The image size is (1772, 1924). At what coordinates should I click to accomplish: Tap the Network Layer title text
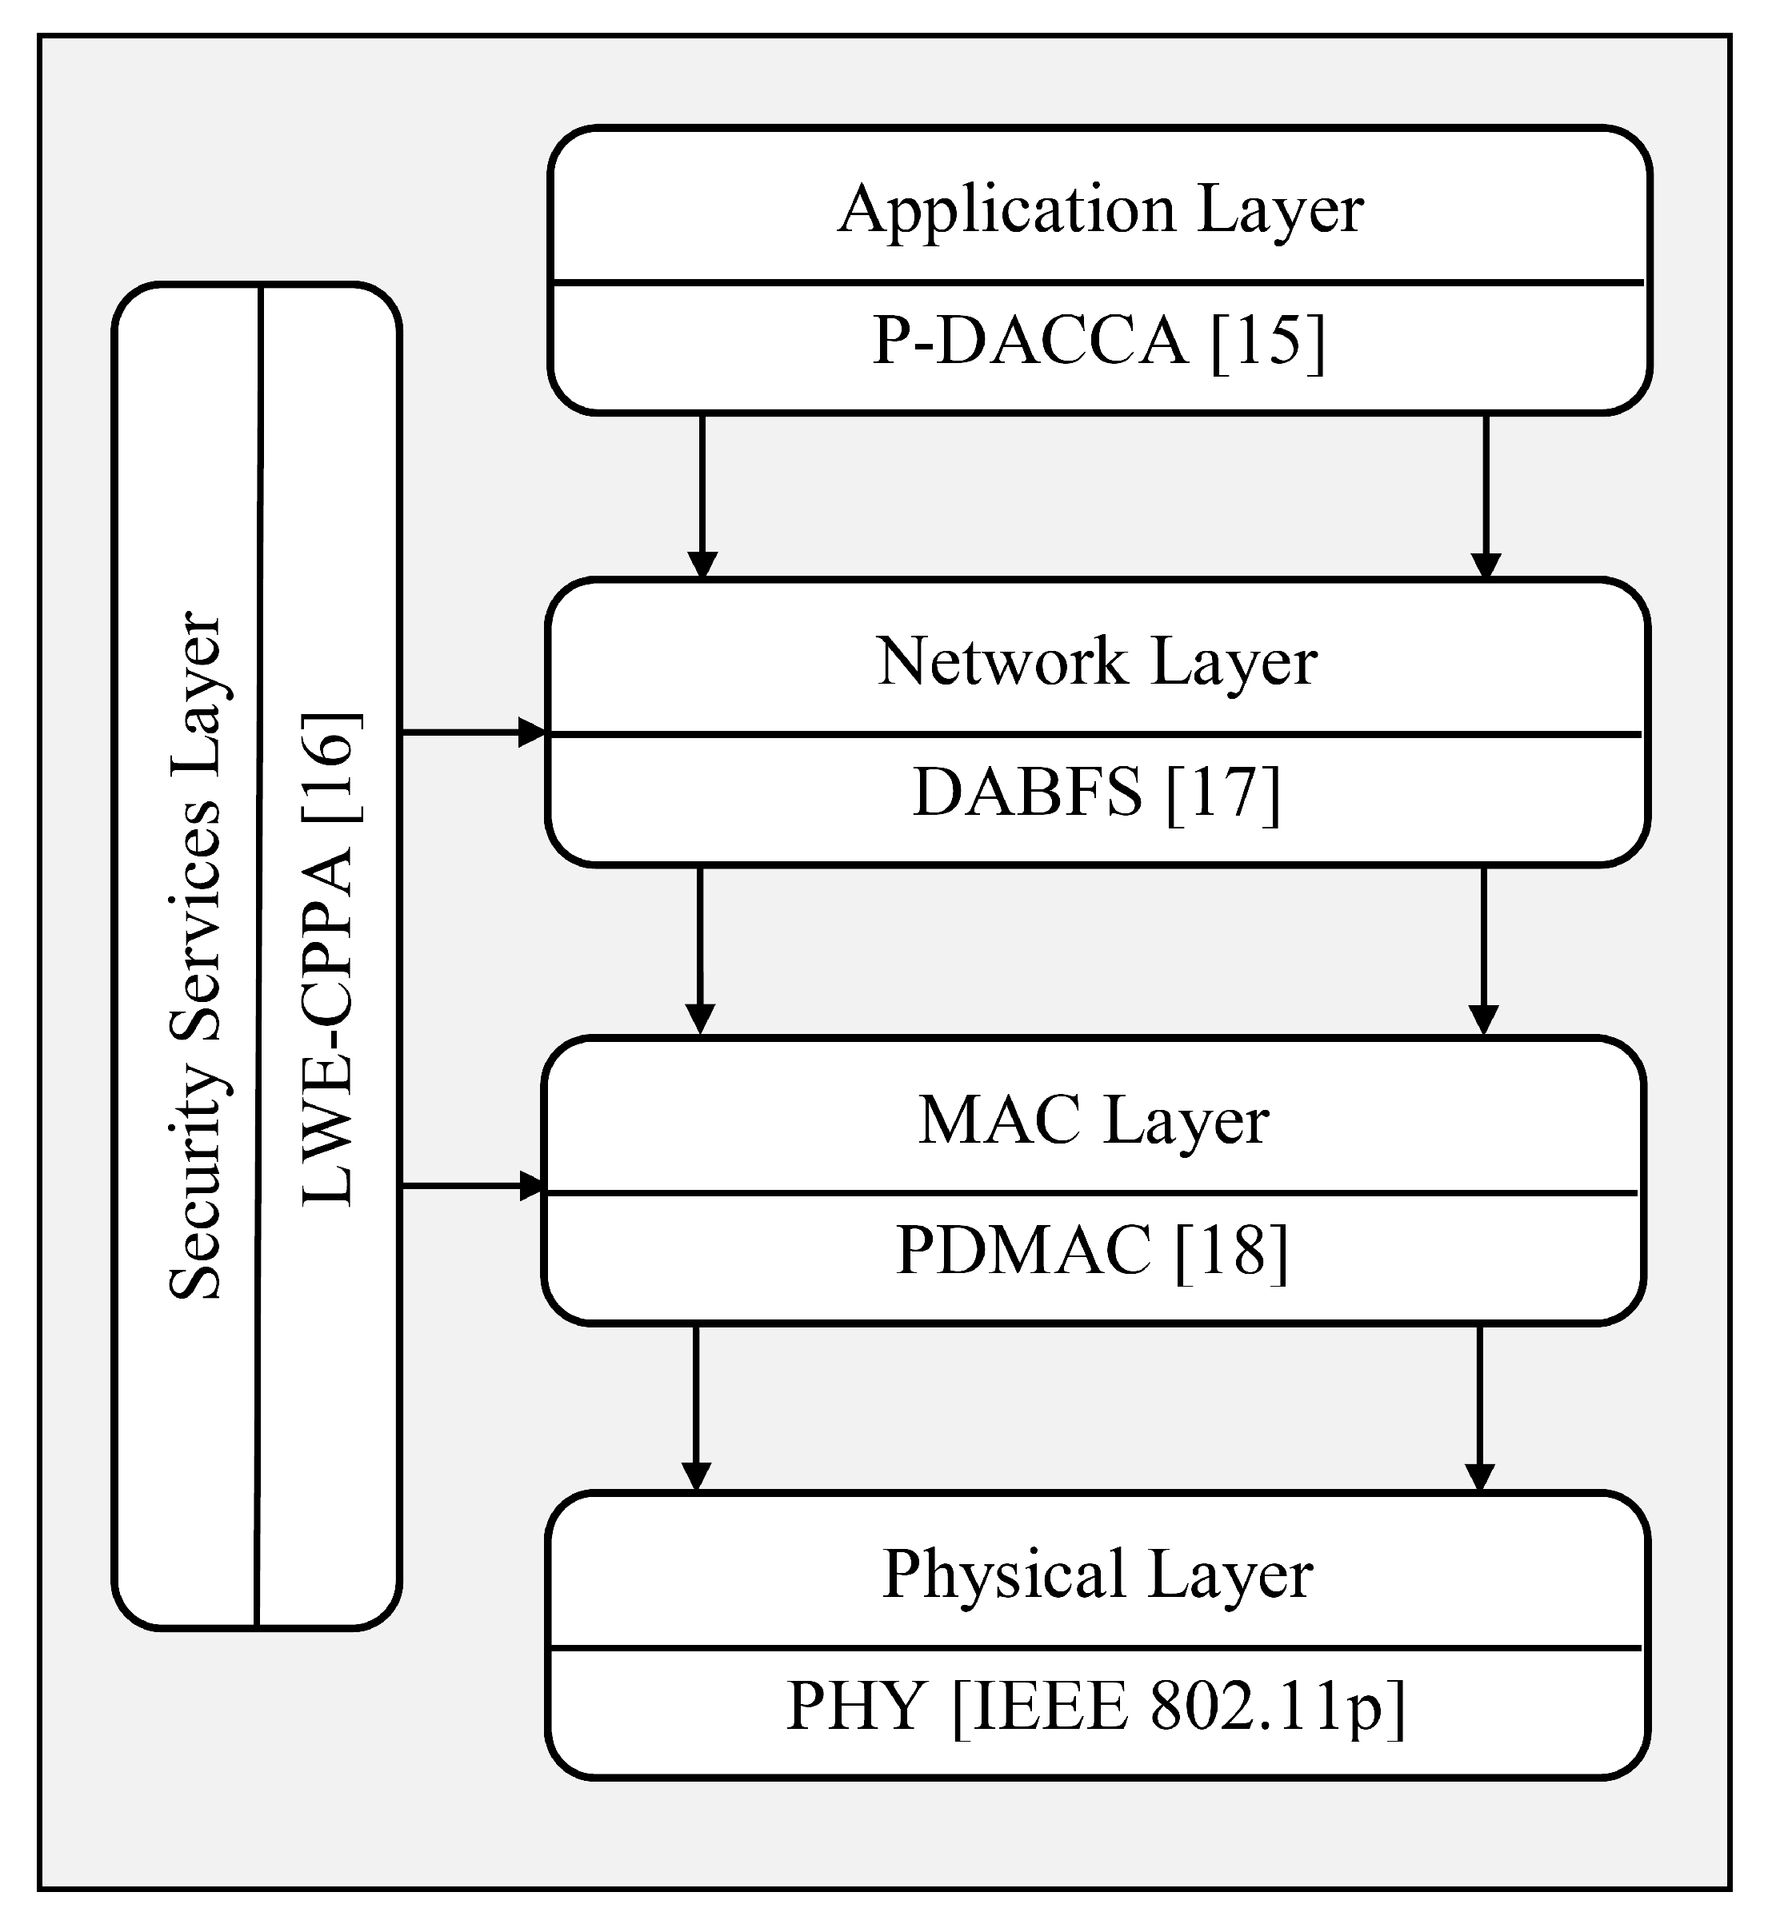point(1097,662)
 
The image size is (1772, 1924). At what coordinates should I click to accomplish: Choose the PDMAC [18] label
point(1092,1251)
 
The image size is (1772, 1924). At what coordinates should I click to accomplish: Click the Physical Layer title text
point(1097,1575)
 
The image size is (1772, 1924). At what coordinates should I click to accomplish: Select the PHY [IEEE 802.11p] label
point(1096,1707)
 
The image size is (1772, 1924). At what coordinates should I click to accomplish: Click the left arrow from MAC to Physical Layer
point(696,1408)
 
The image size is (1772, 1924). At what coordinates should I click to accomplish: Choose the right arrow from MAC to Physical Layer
point(1481,1408)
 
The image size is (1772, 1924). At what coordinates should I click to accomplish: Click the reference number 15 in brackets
point(1268,341)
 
